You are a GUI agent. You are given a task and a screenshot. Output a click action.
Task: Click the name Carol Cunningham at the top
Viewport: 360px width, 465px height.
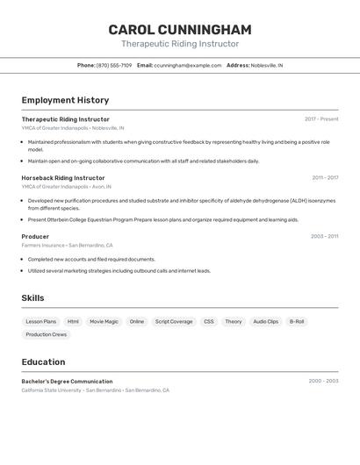[179, 30]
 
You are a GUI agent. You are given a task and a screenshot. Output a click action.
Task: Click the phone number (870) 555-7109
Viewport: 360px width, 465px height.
[114, 65]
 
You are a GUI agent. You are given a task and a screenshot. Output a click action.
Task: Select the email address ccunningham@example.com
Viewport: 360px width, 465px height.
[188, 65]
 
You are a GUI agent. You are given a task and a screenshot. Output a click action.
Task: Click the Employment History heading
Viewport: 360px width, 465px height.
[65, 100]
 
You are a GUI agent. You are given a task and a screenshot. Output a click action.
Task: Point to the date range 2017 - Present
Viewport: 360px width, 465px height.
[321, 119]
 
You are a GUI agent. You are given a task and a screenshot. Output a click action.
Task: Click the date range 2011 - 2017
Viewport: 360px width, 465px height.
[325, 178]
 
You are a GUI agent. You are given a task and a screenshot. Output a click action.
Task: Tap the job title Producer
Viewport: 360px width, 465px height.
[35, 237]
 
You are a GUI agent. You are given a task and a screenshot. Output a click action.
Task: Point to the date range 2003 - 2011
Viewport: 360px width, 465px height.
[324, 237]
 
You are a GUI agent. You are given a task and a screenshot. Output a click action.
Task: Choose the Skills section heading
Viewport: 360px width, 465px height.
[32, 298]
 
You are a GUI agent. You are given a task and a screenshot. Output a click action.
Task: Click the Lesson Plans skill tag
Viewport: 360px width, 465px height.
[41, 322]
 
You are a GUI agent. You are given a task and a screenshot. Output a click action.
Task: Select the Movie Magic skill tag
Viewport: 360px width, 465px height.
[104, 322]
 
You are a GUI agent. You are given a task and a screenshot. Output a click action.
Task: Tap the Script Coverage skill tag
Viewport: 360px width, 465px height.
[174, 322]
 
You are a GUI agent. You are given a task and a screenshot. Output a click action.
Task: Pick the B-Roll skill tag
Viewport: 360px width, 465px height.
[297, 322]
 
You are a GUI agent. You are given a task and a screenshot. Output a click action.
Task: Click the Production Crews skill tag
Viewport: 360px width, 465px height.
[46, 334]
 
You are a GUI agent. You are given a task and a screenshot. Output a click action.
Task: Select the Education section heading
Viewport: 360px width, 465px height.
[43, 361]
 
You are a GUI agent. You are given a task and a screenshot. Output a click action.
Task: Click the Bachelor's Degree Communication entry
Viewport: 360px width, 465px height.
[67, 382]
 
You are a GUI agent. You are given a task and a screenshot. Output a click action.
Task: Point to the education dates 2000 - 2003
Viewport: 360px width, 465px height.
[323, 382]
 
